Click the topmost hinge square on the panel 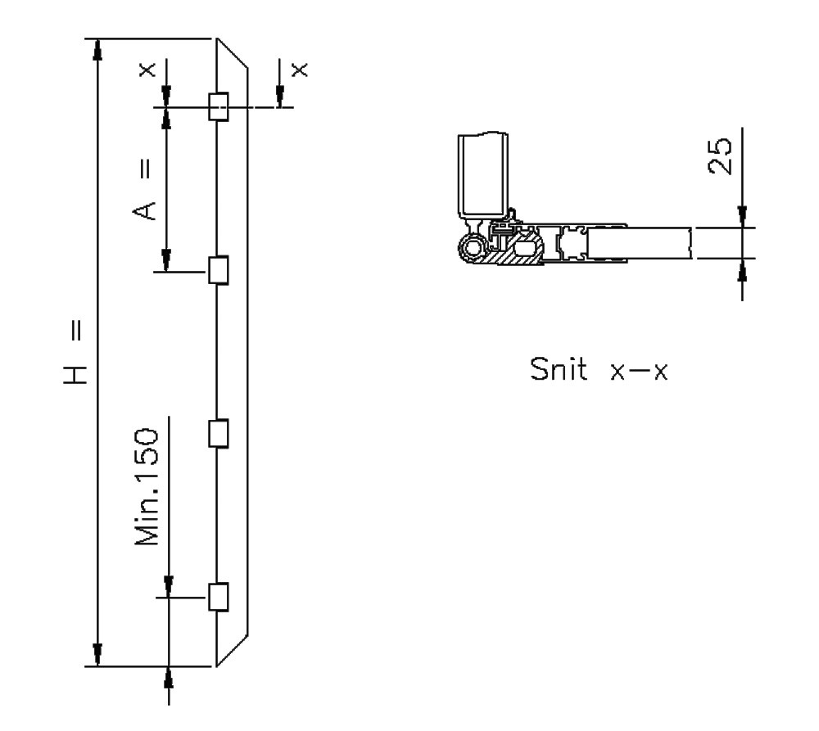point(218,106)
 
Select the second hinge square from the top point(218,269)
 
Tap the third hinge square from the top point(218,433)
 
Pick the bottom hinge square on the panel point(218,597)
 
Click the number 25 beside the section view point(720,156)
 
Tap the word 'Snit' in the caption point(560,370)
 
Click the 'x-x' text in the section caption point(640,371)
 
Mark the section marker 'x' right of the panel point(301,70)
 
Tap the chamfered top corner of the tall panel point(233,52)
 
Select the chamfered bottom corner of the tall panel point(233,652)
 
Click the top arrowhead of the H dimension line point(97,49)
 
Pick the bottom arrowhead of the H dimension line point(97,655)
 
